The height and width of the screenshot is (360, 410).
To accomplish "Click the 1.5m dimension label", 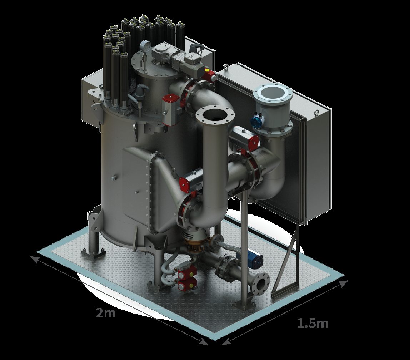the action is point(313,323).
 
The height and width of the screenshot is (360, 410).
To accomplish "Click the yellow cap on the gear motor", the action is point(207,70).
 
